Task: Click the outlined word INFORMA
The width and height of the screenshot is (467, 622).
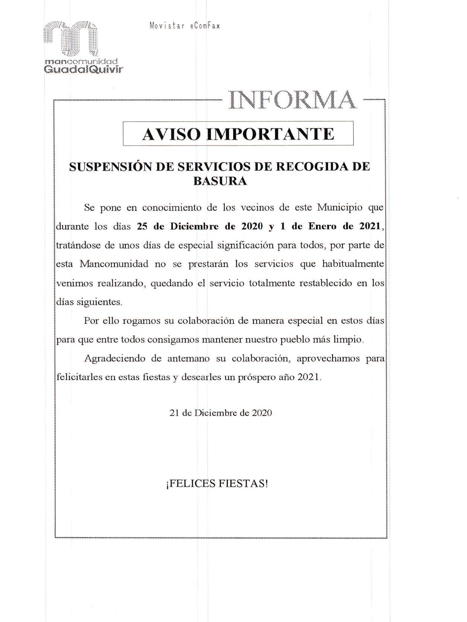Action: click(x=292, y=100)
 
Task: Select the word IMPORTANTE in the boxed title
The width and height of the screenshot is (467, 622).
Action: click(x=270, y=134)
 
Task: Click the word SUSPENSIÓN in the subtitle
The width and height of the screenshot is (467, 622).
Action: click(x=110, y=167)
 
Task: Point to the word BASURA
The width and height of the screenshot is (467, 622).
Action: click(x=220, y=181)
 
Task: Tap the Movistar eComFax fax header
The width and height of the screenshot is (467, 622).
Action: click(x=185, y=26)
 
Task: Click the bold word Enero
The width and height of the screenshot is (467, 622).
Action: click(x=322, y=227)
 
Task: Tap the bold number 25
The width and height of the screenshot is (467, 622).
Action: click(x=142, y=227)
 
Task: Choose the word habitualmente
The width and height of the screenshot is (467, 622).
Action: click(x=353, y=264)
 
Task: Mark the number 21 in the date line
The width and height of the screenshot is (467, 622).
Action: click(x=174, y=413)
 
